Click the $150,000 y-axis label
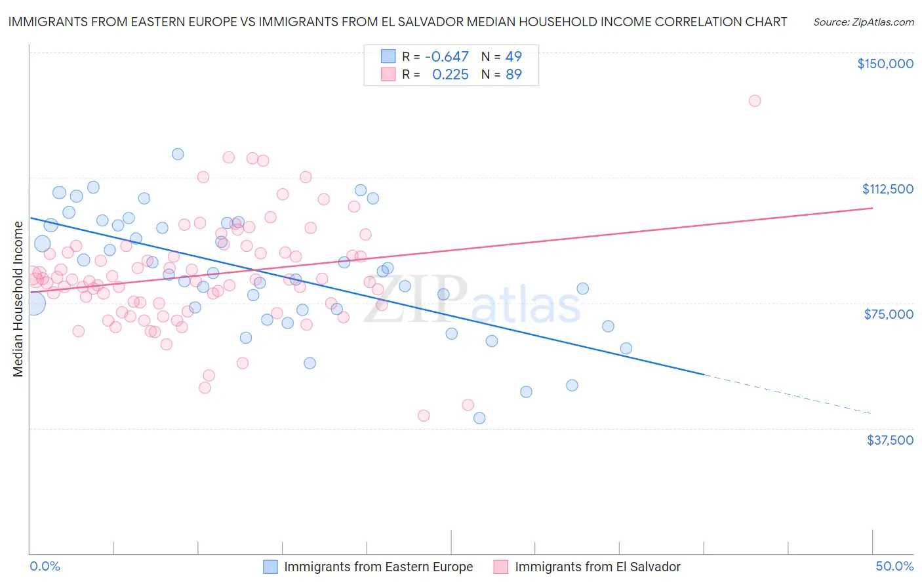coord(885,64)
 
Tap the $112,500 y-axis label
coord(887,189)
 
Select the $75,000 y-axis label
coord(889,314)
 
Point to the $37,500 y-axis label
coord(890,440)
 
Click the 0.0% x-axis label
coord(45,567)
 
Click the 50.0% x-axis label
coord(894,567)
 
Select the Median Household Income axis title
coord(18,299)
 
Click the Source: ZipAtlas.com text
coord(864,22)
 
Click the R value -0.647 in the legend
coord(447,57)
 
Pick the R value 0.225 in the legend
coord(450,75)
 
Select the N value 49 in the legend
coord(513,57)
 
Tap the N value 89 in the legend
coord(513,75)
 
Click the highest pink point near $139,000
coord(755,101)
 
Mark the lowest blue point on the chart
coord(479,418)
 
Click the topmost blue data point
coord(178,154)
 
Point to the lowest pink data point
coord(424,416)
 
